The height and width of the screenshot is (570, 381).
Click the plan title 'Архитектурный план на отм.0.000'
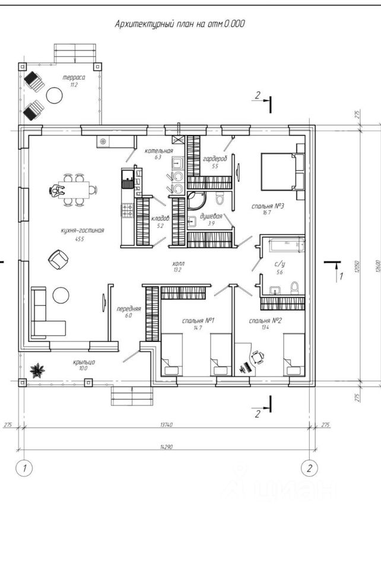point(179,24)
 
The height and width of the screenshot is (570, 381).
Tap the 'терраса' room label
point(74,78)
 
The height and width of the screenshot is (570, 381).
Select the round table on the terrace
point(56,95)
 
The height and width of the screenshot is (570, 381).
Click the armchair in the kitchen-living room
point(58,259)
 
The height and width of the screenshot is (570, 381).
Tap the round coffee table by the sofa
point(44,295)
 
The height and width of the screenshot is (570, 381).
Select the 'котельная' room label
point(158,151)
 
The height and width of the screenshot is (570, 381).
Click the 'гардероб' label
point(215,159)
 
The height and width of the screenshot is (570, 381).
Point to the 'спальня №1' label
point(198,321)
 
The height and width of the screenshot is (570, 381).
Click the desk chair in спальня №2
point(257,357)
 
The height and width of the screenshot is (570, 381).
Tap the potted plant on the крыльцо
point(38,370)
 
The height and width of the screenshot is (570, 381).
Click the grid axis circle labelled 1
point(24,468)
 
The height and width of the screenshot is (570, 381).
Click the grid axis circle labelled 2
point(309,468)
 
